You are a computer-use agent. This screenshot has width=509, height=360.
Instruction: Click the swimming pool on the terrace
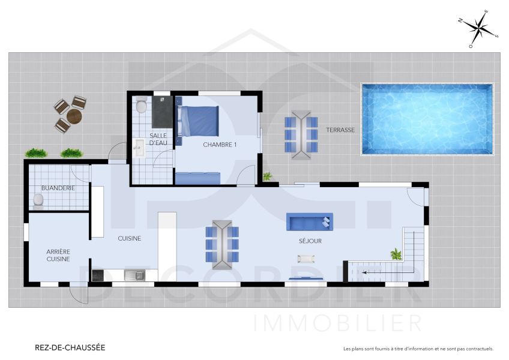coord(427,118)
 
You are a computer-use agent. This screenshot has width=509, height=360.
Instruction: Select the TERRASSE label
coord(340,130)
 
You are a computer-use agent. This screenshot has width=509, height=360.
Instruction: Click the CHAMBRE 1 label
coord(220,145)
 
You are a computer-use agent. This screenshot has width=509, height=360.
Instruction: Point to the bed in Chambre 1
coord(199,121)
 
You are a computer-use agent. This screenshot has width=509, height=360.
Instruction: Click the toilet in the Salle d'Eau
coord(141,106)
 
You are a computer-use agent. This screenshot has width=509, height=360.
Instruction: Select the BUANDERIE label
coord(58,188)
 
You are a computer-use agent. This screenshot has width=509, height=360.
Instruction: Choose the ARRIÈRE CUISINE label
coord(58,255)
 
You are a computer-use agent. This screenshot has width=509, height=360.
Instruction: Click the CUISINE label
coord(129,238)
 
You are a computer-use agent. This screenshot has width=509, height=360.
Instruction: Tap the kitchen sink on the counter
coord(134,275)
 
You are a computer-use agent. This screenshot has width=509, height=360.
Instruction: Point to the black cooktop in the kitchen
coord(98,275)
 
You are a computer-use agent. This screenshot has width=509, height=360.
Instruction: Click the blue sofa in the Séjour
coord(309,222)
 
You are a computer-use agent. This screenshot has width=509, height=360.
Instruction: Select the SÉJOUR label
coord(310,241)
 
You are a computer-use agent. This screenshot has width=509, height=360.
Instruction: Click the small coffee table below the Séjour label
coord(306,259)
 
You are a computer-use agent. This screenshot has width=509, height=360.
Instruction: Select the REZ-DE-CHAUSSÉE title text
coord(70,347)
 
